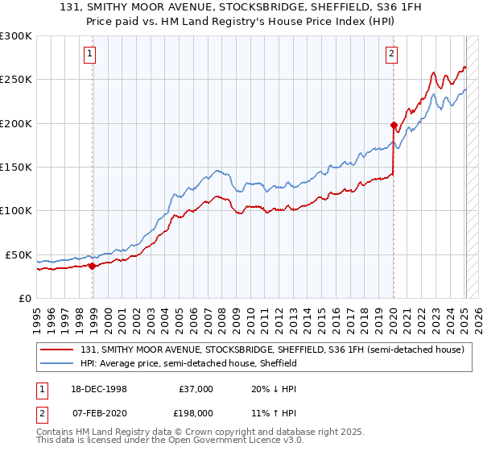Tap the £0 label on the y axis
(x=24, y=298)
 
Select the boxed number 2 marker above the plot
(x=391, y=55)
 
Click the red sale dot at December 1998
(x=93, y=266)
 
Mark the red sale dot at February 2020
(x=394, y=125)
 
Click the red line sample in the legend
(x=58, y=350)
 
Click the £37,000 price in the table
(x=194, y=389)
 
